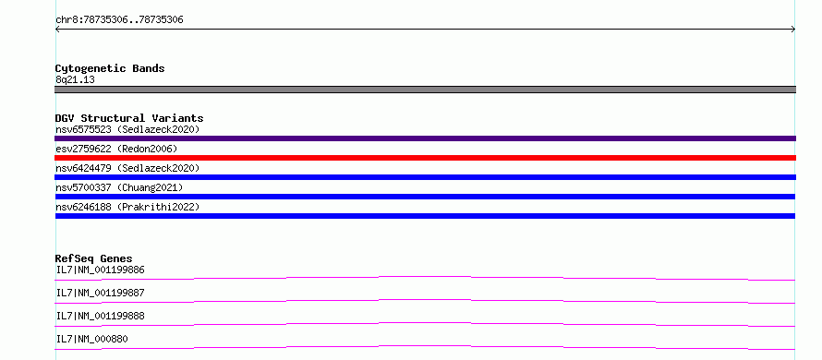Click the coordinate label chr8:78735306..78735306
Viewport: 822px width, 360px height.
[x=119, y=20]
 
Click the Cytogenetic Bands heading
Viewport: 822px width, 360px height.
[x=110, y=68]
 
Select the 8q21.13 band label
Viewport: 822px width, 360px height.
[x=75, y=80]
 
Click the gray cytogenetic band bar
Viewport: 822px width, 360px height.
[x=425, y=90]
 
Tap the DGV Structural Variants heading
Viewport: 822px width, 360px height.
[x=129, y=118]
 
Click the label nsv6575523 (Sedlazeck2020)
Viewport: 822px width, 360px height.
[x=127, y=129]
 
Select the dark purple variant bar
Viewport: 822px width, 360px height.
[x=425, y=138]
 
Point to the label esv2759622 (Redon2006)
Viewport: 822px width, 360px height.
[x=116, y=149]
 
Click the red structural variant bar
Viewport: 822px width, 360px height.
[x=425, y=158]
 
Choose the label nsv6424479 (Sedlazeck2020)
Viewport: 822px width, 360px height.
[x=127, y=168]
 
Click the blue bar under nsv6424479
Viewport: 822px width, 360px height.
[x=425, y=177]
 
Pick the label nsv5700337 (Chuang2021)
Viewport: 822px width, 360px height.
[x=119, y=187]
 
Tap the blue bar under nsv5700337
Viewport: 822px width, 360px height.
[x=425, y=197]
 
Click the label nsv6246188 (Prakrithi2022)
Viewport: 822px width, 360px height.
[x=127, y=207]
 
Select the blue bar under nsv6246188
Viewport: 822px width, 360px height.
[x=425, y=216]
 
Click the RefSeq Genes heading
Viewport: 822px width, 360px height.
[x=93, y=258]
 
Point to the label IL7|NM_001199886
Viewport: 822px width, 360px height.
[x=100, y=270]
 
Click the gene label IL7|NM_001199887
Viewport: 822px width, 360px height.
[x=100, y=293]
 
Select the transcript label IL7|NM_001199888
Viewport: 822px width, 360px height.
[x=100, y=316]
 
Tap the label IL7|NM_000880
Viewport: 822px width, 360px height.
[x=91, y=339]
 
